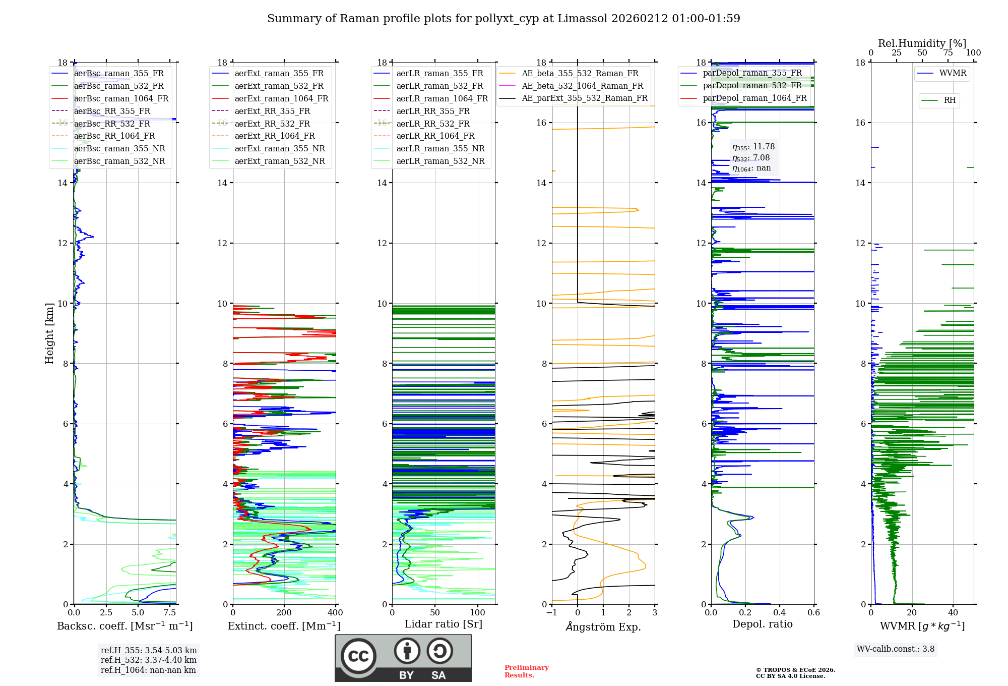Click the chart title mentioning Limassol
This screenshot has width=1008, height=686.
[503, 19]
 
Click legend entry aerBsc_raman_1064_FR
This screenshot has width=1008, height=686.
[121, 98]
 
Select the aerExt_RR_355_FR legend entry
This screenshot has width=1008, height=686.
[272, 111]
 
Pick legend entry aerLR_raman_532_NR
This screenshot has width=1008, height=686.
[440, 161]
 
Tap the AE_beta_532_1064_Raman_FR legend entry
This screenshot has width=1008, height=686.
[582, 86]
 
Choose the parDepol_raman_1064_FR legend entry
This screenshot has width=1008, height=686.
[754, 98]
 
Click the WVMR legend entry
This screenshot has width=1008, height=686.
[953, 73]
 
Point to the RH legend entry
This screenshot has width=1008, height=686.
[950, 100]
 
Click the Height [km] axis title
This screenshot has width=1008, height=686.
[49, 333]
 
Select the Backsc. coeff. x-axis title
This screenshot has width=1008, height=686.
[124, 626]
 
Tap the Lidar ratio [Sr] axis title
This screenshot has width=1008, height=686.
[444, 624]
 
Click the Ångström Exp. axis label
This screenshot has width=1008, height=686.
[603, 626]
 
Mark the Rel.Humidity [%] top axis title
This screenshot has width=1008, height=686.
[922, 43]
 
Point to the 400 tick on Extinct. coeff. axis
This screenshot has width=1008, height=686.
[336, 612]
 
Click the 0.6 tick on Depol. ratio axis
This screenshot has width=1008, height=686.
[813, 612]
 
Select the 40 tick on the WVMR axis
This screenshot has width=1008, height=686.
[953, 612]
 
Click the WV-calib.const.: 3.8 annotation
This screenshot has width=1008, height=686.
[896, 649]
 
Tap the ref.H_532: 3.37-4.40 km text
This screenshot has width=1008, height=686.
[149, 660]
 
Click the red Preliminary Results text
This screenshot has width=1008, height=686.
[526, 671]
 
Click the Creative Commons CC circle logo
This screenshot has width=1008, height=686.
[358, 656]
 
